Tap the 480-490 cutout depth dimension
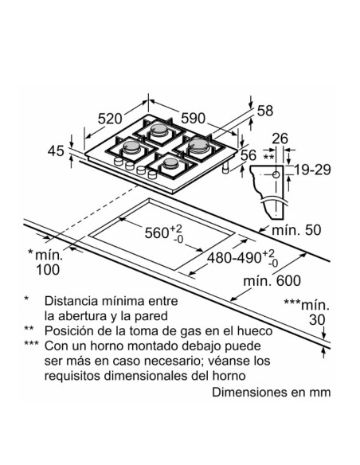(x=245, y=260)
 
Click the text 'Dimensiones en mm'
(x=270, y=393)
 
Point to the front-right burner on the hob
(x=168, y=162)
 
